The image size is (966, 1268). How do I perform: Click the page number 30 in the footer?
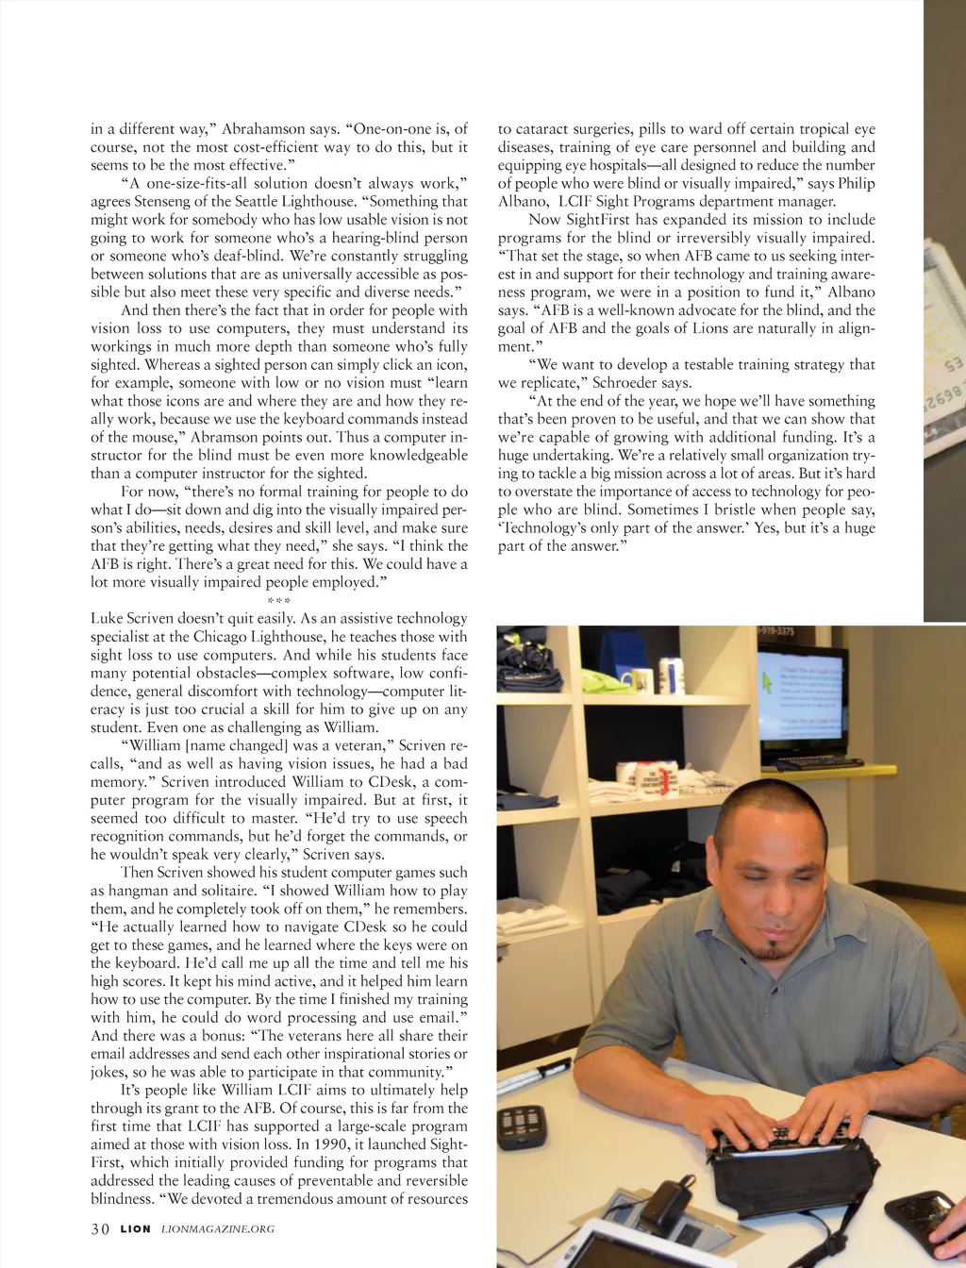click(x=100, y=1228)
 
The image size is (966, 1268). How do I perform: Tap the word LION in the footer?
click(x=135, y=1229)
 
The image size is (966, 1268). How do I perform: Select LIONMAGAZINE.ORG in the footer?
click(x=218, y=1229)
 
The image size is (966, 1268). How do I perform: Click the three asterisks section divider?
click(x=278, y=600)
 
